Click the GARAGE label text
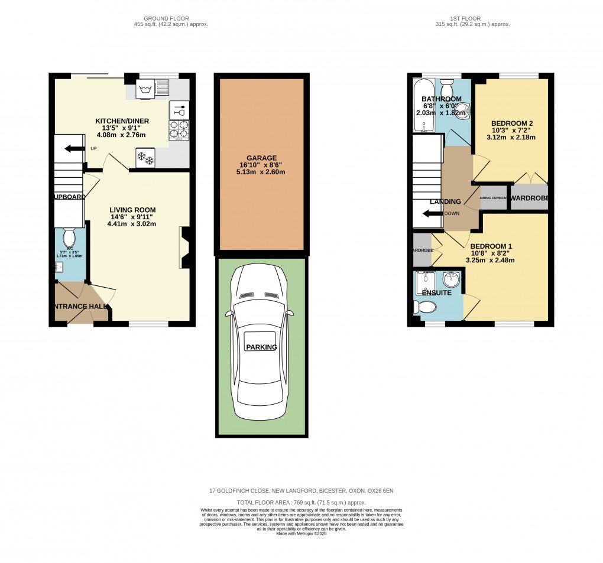262,158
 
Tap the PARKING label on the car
262,347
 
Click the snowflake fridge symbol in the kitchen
145,158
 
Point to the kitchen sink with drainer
153,89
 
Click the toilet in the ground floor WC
69,237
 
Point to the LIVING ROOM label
132,210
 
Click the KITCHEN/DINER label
122,121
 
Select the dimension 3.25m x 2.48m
490,259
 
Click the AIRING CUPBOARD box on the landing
494,198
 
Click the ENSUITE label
437,293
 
